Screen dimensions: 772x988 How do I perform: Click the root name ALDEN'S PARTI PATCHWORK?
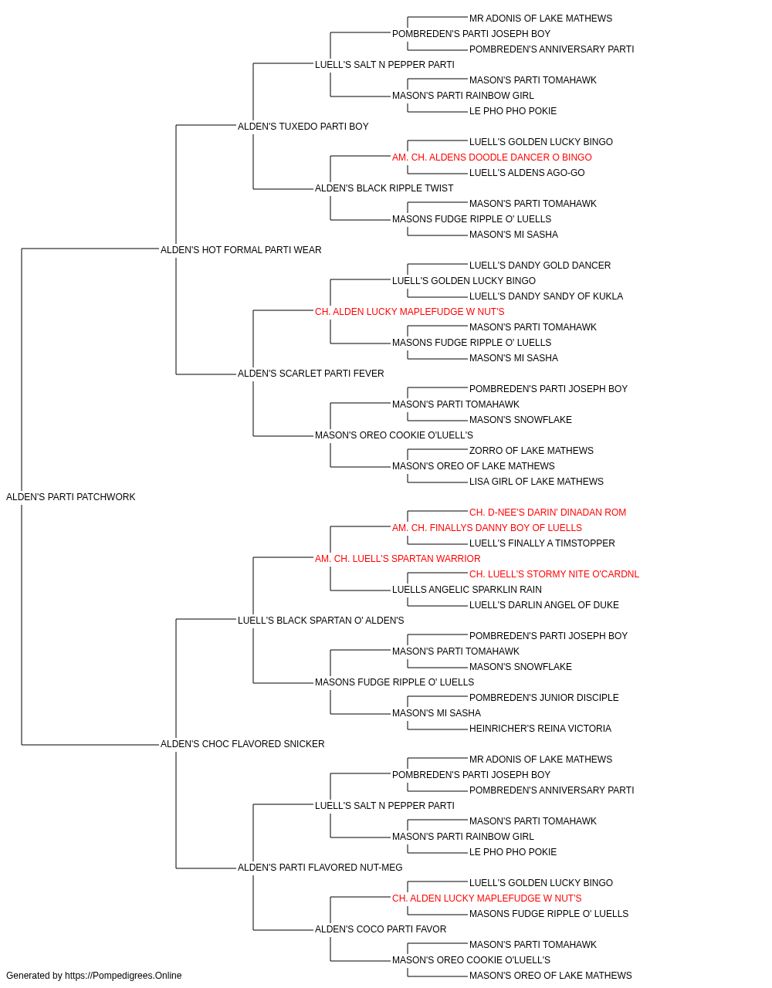click(70, 497)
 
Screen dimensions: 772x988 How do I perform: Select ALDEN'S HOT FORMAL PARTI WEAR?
click(241, 249)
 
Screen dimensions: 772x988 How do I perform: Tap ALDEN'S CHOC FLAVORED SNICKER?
click(242, 744)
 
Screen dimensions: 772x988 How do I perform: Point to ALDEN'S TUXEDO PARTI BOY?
click(303, 127)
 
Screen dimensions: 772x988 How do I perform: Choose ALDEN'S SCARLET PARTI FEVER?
click(310, 374)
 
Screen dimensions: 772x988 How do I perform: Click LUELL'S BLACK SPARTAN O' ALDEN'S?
click(320, 620)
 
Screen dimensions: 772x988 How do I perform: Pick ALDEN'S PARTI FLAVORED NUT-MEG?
click(320, 868)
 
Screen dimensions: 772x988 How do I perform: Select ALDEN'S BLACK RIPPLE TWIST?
click(384, 188)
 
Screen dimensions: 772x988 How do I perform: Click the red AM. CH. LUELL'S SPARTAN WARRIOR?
click(398, 558)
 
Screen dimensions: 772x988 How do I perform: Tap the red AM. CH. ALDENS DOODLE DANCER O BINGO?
click(492, 157)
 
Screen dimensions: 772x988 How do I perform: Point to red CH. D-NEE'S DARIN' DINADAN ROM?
click(547, 513)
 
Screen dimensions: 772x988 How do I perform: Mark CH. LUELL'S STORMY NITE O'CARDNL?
click(554, 574)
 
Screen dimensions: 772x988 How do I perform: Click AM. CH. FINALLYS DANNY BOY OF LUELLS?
click(487, 527)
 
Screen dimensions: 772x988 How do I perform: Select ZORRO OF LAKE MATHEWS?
click(531, 451)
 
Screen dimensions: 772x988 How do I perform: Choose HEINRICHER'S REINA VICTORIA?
click(540, 729)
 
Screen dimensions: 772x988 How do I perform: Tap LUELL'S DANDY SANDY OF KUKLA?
click(546, 296)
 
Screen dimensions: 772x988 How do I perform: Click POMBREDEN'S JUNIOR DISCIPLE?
click(543, 698)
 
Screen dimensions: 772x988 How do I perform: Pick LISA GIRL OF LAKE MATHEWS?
click(536, 482)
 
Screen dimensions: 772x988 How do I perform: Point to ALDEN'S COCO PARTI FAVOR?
click(381, 929)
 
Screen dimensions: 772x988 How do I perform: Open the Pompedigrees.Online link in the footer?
click(124, 976)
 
